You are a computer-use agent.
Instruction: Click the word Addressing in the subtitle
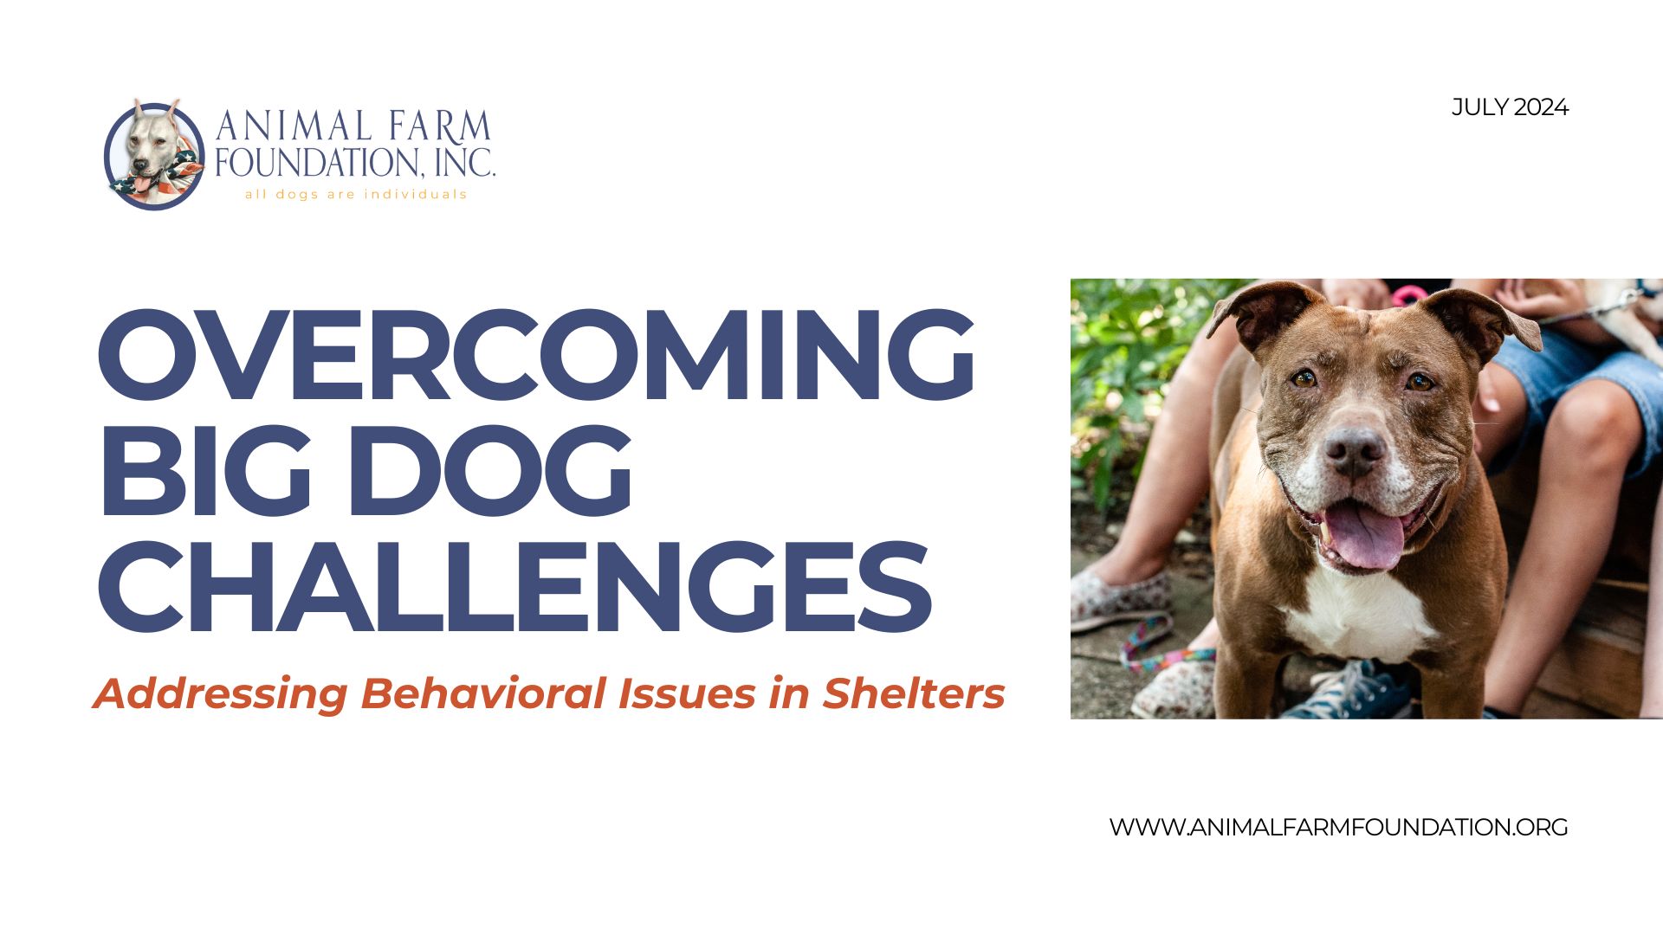tap(221, 695)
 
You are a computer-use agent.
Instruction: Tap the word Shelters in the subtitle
tap(914, 693)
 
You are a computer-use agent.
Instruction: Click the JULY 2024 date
tap(1510, 107)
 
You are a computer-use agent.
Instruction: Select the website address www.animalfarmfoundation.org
tap(1338, 827)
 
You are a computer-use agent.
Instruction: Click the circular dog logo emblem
tap(154, 154)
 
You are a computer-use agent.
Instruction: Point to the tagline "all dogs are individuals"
tap(356, 194)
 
